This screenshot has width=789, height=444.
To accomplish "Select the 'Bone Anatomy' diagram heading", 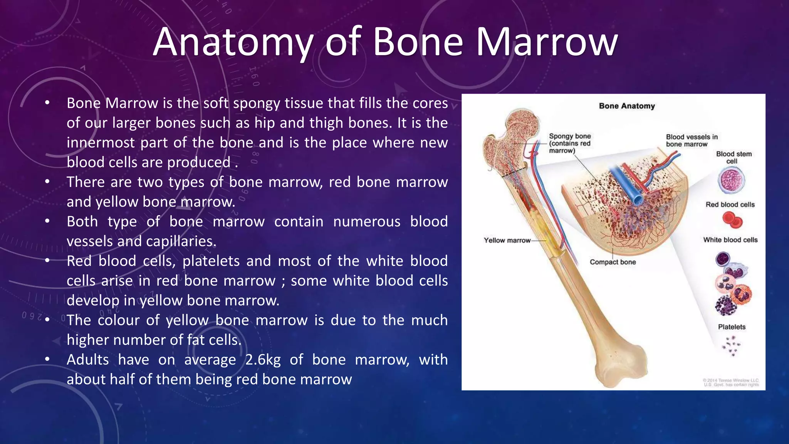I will [627, 106].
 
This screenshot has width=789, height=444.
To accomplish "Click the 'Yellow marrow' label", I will [507, 240].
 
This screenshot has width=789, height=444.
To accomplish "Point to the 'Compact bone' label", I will [613, 262].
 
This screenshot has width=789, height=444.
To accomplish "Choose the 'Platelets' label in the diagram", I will [732, 327].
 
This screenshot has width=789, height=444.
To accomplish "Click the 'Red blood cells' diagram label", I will [730, 205].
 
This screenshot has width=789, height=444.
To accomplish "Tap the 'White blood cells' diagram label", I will [730, 240].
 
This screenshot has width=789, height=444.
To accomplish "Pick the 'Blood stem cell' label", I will [734, 157].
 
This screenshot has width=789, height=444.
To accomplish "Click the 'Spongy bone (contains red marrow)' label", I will [570, 143].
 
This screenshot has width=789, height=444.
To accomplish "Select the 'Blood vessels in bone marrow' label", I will [692, 140].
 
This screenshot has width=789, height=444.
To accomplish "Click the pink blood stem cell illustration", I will [731, 181].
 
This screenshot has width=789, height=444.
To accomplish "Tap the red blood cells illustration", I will [732, 221].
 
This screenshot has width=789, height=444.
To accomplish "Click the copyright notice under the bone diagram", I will [730, 382].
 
